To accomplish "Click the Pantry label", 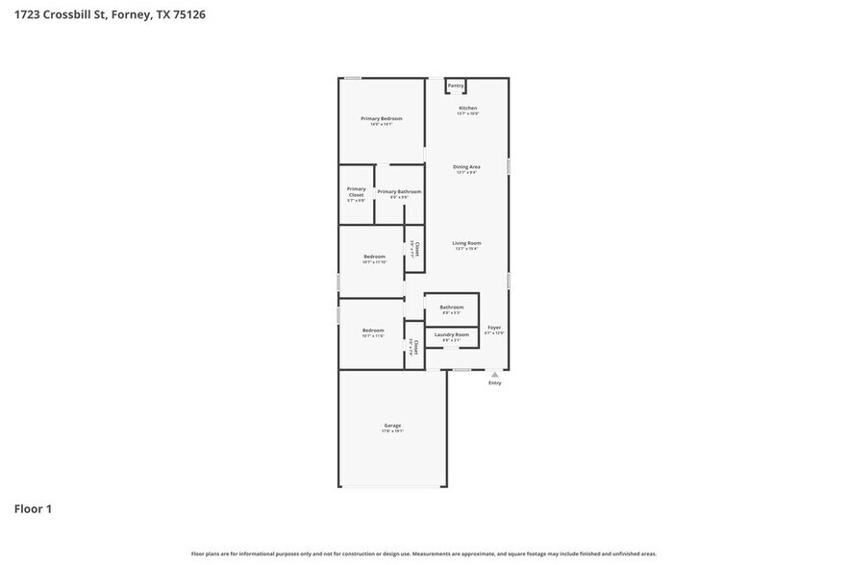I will point(456,86).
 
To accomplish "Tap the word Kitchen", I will point(467,108).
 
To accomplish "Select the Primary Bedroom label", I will point(381,118).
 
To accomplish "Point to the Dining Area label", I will point(466,167).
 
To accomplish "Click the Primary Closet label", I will point(356,191).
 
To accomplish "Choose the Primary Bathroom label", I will point(399,192).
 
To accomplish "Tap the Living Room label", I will point(466,243).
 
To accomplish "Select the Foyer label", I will point(494,328).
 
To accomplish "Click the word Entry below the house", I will point(494,382).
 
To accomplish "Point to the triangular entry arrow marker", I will point(494,374).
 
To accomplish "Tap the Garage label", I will point(392,425).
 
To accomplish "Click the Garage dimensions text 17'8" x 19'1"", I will point(392,431).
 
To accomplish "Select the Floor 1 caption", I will point(33,508).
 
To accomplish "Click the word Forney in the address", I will point(132,15).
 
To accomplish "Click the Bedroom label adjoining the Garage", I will point(373,330).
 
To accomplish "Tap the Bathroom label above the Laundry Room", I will point(452,307).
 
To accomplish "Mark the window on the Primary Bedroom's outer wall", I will point(354,78).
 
